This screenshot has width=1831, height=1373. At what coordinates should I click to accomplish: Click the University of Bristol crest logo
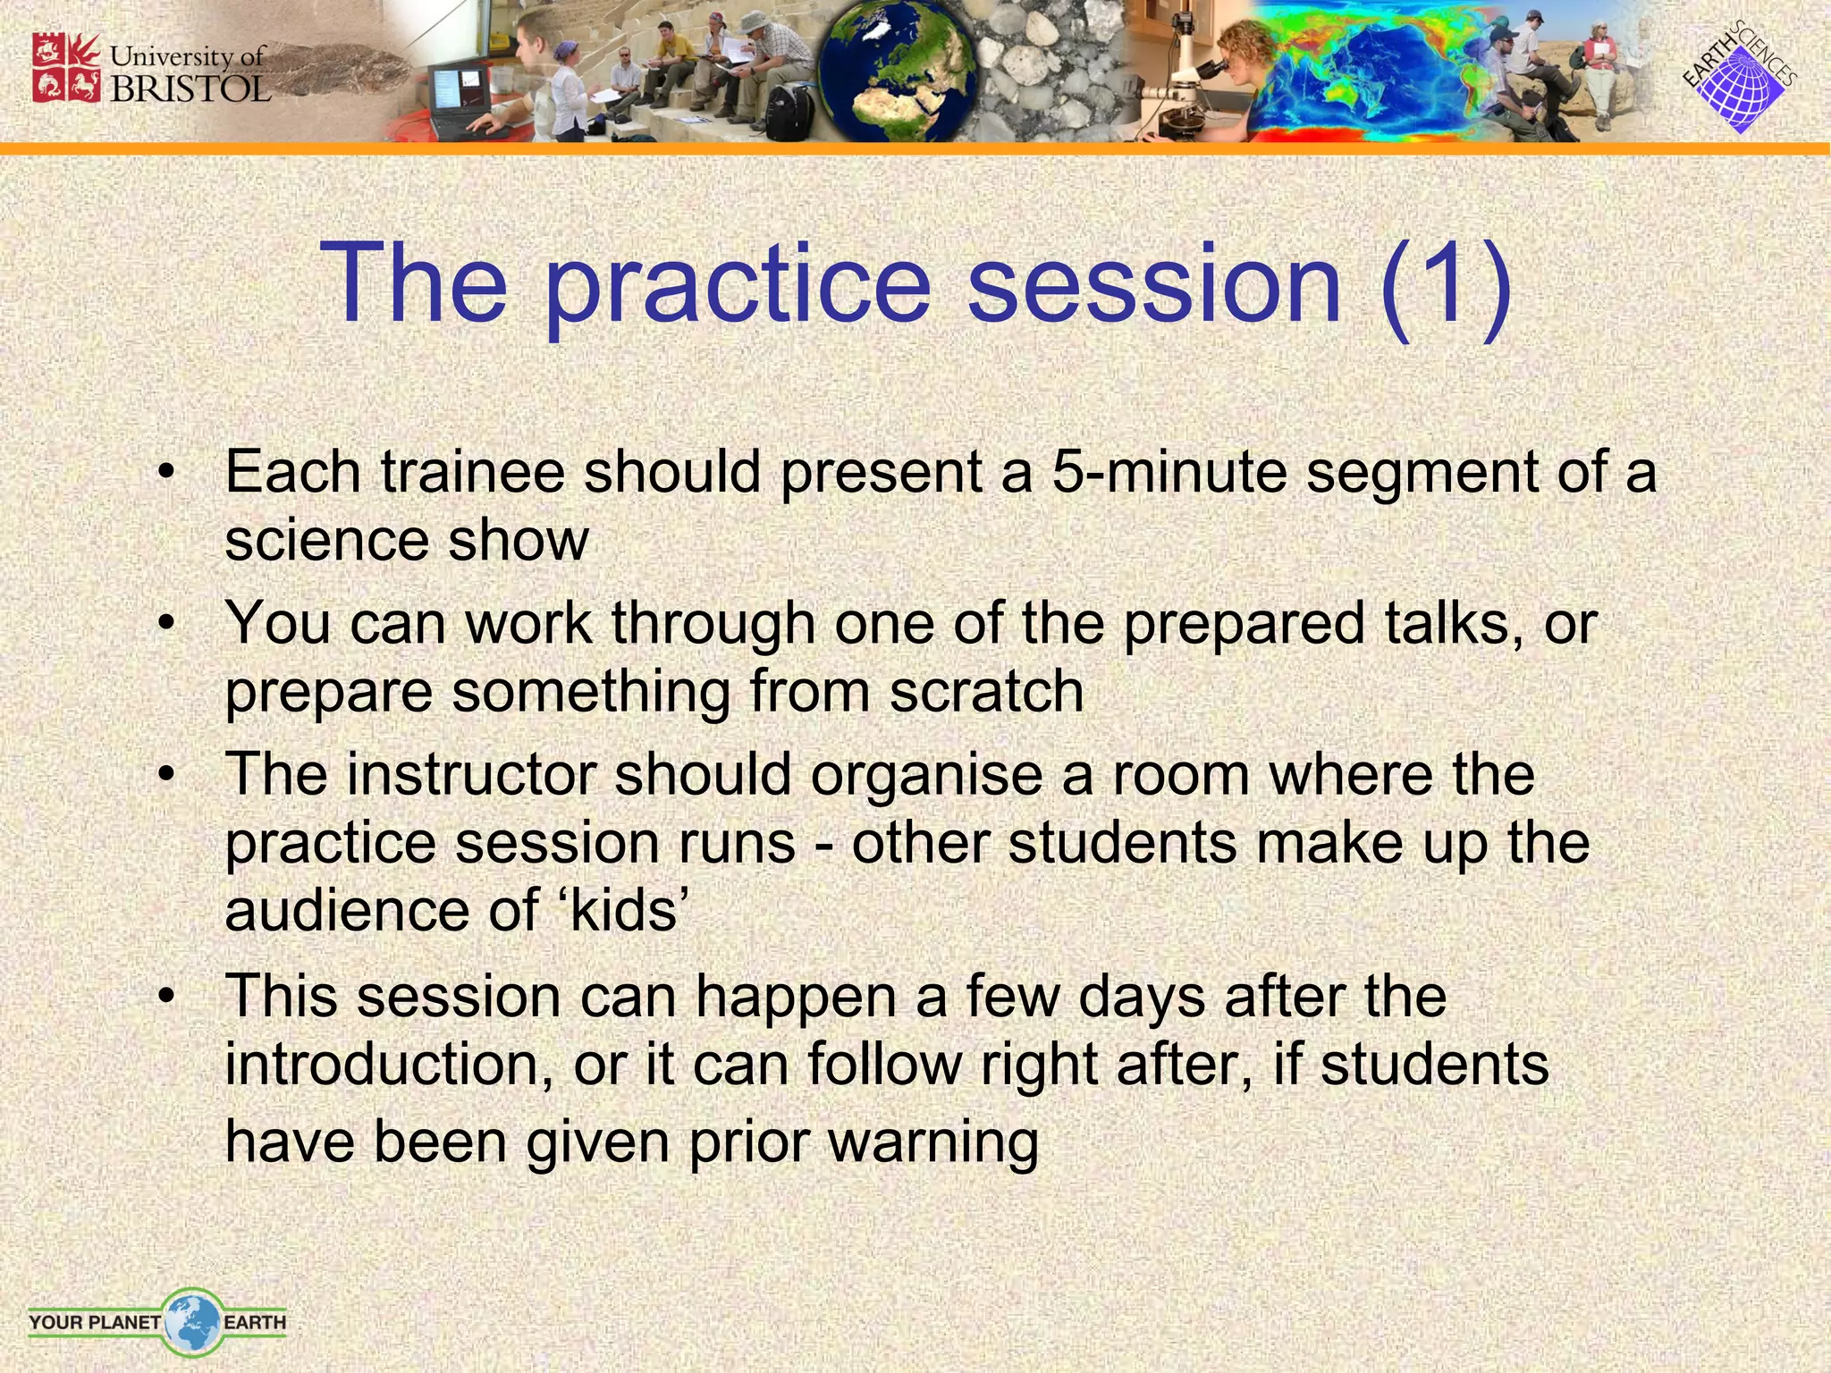(66, 68)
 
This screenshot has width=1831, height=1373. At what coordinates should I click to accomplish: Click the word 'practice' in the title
(738, 284)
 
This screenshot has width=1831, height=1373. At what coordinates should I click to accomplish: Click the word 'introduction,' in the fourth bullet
(389, 1065)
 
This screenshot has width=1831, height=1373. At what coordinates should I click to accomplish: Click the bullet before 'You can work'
(165, 623)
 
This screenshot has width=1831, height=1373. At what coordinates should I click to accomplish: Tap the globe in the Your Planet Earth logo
(192, 1320)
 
